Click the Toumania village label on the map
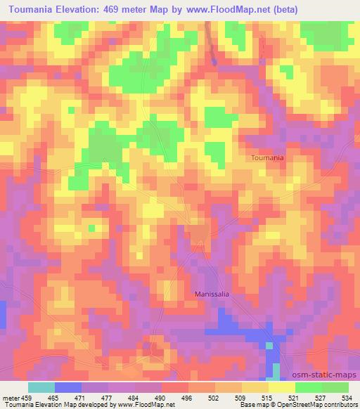pos(268,158)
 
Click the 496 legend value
pos(188,397)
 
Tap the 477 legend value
pos(108,397)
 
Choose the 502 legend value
pos(214,397)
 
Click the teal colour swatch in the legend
pos(41,387)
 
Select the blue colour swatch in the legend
pos(68,387)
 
